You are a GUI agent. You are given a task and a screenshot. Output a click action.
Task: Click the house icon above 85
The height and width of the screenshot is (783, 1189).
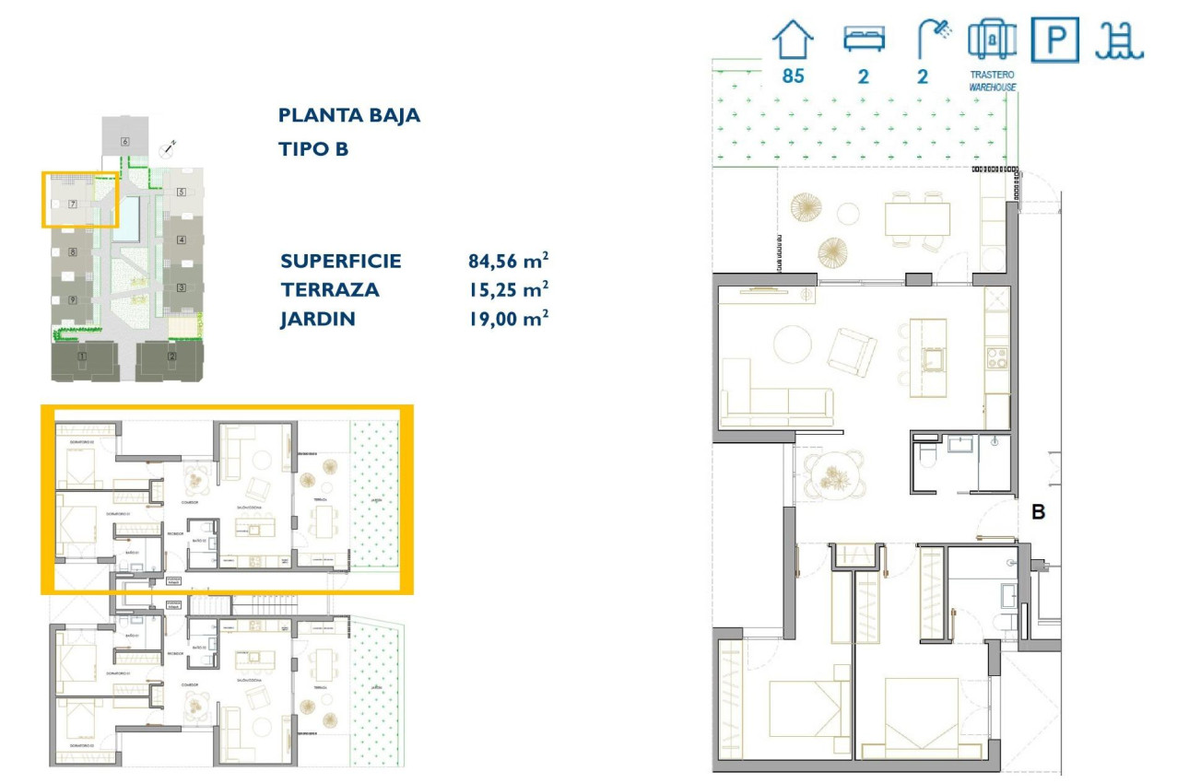point(793,41)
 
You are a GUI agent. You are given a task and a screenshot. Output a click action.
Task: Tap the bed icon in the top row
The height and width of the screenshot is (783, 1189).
point(864,39)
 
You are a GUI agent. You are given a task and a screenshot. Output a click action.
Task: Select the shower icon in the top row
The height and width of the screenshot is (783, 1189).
point(933,40)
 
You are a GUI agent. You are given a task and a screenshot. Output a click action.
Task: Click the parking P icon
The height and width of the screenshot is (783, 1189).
point(1054,41)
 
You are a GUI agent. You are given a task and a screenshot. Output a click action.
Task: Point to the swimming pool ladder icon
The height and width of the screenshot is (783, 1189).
point(1119,41)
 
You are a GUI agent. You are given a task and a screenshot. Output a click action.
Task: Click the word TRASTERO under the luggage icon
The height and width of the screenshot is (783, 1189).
point(992,76)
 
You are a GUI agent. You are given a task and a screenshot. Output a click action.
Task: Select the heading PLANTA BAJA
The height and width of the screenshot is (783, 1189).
point(349,116)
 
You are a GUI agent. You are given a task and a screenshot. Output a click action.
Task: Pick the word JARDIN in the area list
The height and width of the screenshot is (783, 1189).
point(318,319)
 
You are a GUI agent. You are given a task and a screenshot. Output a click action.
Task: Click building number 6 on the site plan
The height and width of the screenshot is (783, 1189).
point(124,141)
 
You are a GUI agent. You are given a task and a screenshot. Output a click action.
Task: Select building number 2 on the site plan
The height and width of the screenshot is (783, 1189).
point(171,356)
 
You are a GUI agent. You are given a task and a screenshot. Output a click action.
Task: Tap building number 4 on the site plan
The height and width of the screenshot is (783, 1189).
point(182,240)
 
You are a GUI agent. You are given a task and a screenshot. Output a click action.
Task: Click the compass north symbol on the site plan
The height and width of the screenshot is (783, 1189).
point(168,146)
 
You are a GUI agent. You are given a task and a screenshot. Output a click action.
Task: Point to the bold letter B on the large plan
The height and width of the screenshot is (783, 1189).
point(1038,513)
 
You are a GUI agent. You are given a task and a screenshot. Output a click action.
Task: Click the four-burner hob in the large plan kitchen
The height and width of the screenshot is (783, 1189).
point(996,357)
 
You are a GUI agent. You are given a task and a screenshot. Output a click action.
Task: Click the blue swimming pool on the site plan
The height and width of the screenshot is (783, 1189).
point(131,216)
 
